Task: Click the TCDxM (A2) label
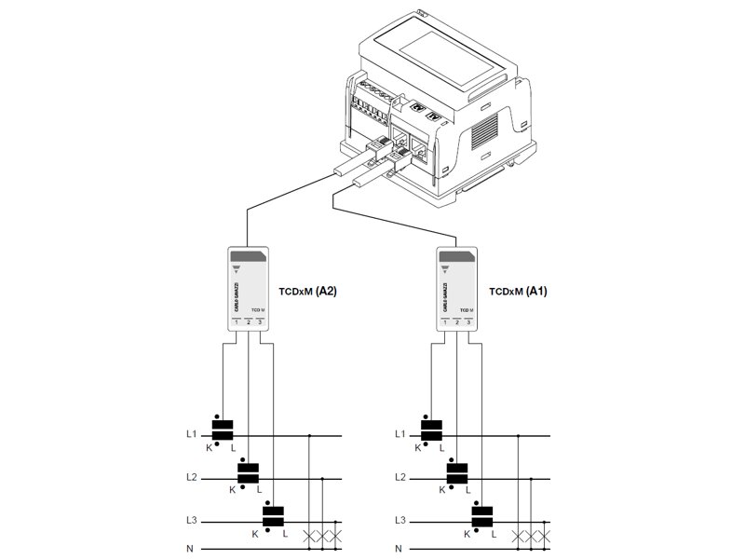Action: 308,292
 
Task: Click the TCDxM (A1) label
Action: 518,292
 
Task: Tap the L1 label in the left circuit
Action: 191,434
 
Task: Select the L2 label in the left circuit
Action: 191,477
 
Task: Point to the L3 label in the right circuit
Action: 400,520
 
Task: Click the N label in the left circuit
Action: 190,549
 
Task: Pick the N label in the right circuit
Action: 400,549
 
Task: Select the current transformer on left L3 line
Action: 272,516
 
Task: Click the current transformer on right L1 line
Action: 431,431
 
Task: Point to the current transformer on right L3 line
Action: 481,516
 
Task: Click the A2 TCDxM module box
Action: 249,289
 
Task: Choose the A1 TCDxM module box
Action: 458,289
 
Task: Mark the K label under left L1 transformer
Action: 210,448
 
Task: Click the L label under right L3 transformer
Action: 494,534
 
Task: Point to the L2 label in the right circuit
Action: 400,477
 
